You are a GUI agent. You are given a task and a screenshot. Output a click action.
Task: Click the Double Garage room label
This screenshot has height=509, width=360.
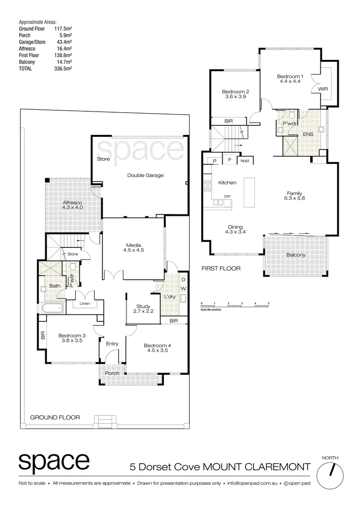(145, 175)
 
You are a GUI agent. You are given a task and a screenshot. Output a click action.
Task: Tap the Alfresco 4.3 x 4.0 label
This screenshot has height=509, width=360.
(73, 205)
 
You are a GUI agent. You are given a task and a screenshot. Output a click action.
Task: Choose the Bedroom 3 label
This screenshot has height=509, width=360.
(70, 338)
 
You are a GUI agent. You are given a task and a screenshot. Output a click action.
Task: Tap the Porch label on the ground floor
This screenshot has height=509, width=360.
(112, 373)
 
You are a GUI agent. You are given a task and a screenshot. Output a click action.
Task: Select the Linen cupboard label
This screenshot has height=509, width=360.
(85, 304)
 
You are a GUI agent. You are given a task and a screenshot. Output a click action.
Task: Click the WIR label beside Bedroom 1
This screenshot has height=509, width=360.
(323, 89)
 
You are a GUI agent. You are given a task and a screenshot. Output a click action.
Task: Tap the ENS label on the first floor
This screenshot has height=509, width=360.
(308, 134)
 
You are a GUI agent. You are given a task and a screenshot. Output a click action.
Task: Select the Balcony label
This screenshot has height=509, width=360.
(295, 255)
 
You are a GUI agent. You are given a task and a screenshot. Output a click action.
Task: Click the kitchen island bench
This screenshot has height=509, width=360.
(249, 192)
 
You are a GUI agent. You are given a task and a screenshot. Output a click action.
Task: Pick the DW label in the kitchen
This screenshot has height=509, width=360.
(227, 196)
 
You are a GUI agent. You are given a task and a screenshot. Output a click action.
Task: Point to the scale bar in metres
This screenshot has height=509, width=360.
(235, 306)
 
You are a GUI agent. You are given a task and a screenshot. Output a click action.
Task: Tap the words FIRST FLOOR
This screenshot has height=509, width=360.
(221, 269)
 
